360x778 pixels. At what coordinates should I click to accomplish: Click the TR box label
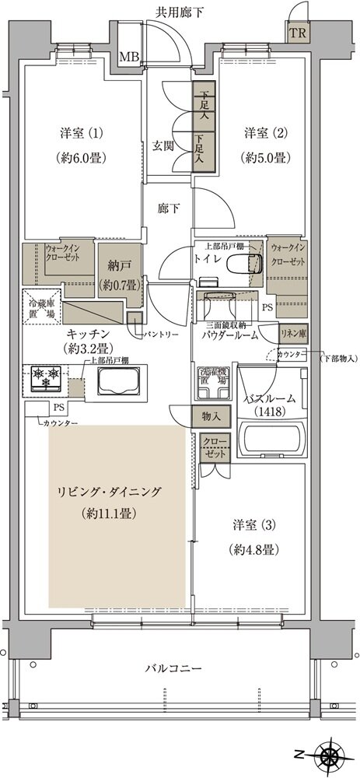pyautogui.click(x=297, y=33)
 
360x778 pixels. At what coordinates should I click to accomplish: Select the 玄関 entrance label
pyautogui.click(x=163, y=145)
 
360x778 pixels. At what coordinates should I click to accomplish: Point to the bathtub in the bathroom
pyautogui.click(x=271, y=440)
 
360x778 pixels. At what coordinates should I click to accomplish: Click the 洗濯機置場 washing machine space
pyautogui.click(x=211, y=377)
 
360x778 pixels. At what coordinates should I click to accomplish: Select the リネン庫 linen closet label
pyautogui.click(x=292, y=332)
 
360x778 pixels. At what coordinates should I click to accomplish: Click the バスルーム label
pyautogui.click(x=271, y=398)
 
